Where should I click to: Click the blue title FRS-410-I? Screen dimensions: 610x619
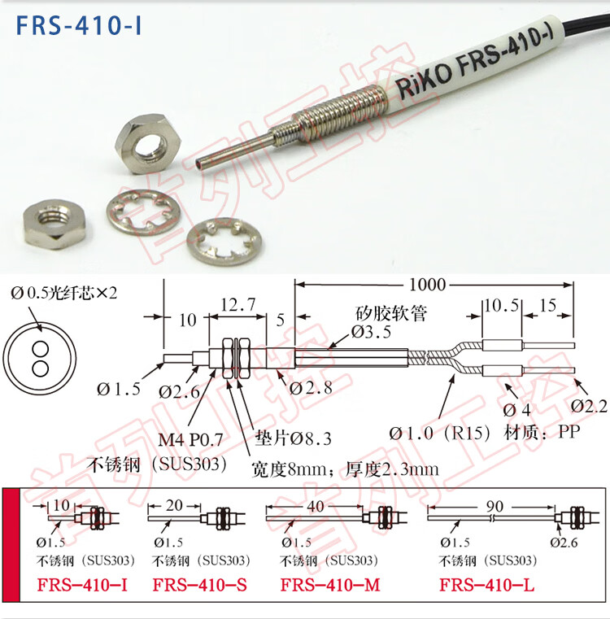click(79, 25)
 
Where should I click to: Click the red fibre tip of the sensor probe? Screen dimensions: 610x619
click(198, 162)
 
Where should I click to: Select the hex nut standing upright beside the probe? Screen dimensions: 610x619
click(148, 143)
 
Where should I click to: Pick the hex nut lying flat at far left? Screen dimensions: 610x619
click(54, 223)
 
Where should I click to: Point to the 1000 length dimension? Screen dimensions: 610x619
click(428, 284)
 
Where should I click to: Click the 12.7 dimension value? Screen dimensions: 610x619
click(238, 304)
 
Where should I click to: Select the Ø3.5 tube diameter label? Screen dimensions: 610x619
click(371, 332)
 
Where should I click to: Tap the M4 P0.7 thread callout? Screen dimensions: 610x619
click(190, 439)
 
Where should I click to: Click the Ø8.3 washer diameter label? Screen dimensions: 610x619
click(311, 438)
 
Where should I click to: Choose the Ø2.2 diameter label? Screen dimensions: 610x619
click(589, 406)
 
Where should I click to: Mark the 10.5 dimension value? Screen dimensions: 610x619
click(502, 305)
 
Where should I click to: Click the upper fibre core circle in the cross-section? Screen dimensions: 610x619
click(41, 350)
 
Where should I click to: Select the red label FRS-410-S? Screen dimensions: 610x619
click(200, 585)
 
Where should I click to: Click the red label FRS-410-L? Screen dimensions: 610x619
click(487, 585)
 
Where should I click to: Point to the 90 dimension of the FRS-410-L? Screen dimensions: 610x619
click(495, 506)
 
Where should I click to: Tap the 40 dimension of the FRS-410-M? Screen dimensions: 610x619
click(316, 506)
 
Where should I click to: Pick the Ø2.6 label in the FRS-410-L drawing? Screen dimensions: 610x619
click(564, 543)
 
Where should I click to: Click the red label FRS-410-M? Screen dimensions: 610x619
click(330, 585)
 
